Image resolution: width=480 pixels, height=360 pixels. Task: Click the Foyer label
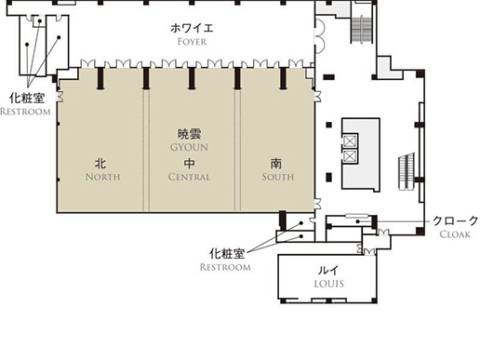point(192,42)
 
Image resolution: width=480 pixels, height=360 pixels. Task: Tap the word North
point(102,177)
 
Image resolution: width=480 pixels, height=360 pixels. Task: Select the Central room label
point(189,177)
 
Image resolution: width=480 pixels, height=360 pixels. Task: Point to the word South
point(277,177)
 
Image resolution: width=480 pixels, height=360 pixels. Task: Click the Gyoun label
point(189,147)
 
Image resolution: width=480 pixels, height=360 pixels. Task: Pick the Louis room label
point(328,284)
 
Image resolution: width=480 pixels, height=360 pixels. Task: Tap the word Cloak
point(455,234)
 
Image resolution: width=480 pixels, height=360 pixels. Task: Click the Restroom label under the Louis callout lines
point(225,267)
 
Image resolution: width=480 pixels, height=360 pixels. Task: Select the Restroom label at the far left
point(25,112)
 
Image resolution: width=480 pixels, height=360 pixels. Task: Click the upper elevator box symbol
point(350,141)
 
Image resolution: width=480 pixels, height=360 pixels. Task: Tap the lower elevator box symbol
point(350,156)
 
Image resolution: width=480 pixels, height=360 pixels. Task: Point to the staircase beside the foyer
point(361,30)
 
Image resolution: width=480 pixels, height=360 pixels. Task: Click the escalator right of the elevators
point(407,171)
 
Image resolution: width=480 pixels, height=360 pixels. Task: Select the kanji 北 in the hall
point(100,164)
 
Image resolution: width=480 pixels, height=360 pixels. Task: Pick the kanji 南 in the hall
point(276,164)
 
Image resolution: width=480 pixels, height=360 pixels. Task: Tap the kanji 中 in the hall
point(189,164)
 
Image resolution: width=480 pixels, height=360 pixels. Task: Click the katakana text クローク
point(456,220)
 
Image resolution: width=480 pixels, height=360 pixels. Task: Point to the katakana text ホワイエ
point(192,28)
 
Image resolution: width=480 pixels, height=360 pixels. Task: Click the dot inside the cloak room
point(357,221)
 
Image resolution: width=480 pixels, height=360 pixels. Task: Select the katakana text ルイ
point(328,270)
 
